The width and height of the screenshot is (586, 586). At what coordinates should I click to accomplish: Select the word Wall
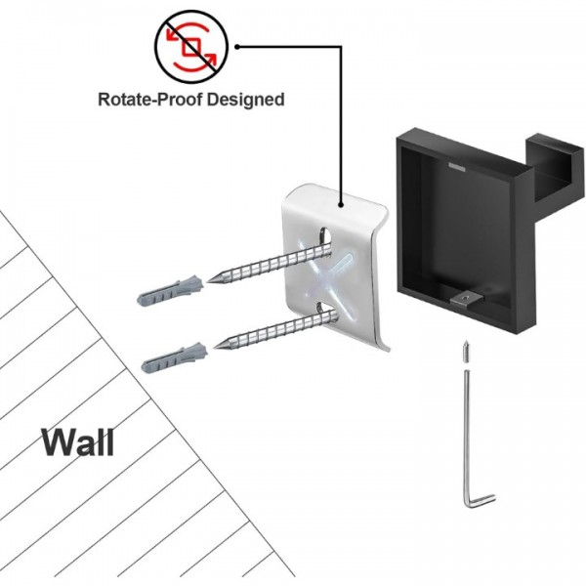(x=78, y=441)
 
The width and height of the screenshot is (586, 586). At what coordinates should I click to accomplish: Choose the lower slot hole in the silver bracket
(x=325, y=313)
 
